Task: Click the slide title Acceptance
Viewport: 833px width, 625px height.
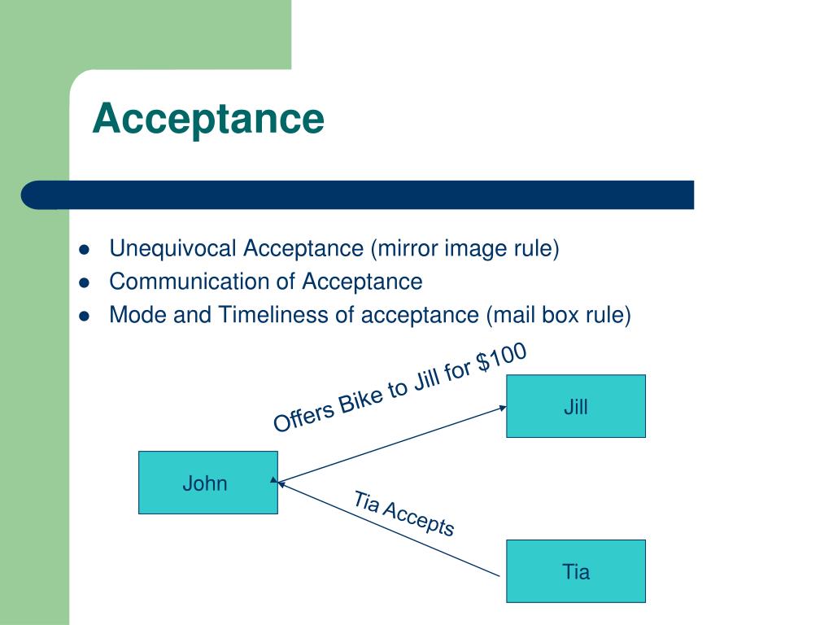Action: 208,119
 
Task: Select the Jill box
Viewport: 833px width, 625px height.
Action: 575,406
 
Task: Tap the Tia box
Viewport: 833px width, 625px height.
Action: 575,571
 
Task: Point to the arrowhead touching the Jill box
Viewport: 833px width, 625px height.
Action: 501,408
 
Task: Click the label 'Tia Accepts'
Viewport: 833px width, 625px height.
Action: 404,514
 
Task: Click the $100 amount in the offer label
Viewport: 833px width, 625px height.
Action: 501,358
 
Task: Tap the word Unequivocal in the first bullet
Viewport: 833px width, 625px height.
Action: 174,248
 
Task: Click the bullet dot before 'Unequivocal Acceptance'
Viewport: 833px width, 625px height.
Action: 84,250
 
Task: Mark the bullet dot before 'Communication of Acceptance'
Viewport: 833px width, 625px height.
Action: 84,283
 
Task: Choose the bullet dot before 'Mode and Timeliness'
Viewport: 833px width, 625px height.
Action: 84,317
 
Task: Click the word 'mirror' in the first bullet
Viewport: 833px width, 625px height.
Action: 406,248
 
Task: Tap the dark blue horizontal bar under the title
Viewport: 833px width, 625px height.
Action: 358,195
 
